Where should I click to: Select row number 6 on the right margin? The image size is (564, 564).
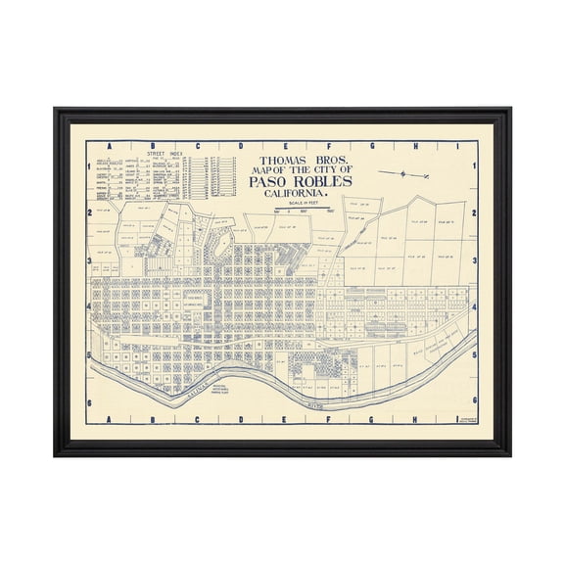coord(475,400)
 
